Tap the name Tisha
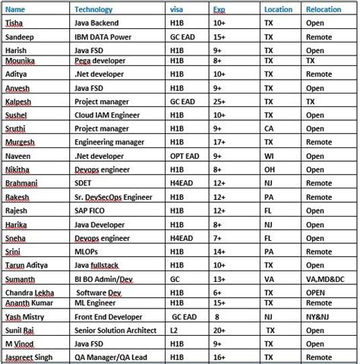tap(14, 23)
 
